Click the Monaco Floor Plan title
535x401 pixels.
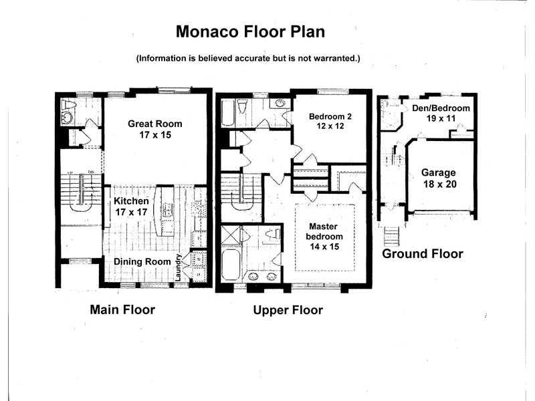(x=250, y=31)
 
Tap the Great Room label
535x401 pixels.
(x=155, y=129)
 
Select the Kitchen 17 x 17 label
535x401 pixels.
(x=131, y=207)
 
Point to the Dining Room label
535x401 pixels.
(x=142, y=261)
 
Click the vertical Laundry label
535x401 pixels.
(x=178, y=267)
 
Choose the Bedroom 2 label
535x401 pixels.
(x=330, y=121)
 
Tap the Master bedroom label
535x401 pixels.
(x=324, y=237)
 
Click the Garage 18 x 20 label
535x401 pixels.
(x=439, y=178)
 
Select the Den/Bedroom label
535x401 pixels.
(x=441, y=113)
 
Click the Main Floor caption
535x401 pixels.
(x=122, y=309)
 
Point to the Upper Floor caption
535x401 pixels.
(x=288, y=310)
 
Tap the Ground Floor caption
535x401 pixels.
(x=423, y=254)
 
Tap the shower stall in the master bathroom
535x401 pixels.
(x=231, y=235)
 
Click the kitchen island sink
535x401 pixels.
(x=168, y=211)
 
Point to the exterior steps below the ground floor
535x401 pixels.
(x=392, y=236)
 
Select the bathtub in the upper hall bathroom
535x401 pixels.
(x=228, y=112)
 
